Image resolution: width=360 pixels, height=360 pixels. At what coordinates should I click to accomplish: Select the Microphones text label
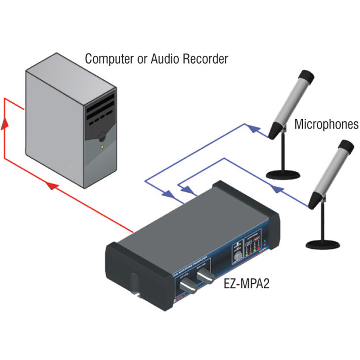tap(326, 124)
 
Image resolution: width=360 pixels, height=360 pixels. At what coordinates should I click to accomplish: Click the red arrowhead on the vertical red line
tap(4, 124)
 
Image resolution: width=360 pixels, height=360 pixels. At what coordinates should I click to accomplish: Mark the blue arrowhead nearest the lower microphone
tap(275, 188)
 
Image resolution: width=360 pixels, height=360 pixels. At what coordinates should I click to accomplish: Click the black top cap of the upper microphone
tap(307, 77)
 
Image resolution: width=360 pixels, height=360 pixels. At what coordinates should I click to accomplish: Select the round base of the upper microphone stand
tap(283, 174)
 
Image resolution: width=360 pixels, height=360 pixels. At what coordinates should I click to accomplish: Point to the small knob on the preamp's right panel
tap(238, 256)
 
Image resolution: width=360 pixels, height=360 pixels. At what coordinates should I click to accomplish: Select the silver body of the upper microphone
tap(290, 104)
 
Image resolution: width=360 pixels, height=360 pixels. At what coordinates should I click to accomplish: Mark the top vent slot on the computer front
tap(101, 100)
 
